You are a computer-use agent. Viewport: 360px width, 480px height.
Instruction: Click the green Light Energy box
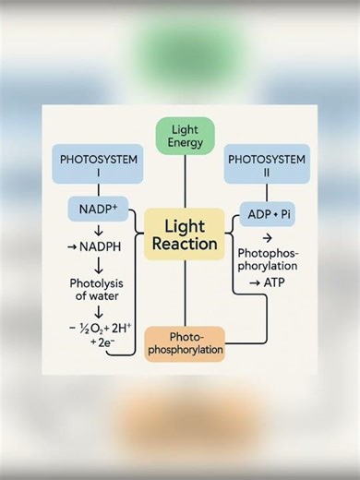coord(186,134)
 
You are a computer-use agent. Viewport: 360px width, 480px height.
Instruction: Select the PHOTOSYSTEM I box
coord(99,166)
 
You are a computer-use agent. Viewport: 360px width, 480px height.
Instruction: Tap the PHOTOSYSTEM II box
coord(267,166)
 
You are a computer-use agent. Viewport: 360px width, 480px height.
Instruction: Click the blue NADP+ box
coord(97,209)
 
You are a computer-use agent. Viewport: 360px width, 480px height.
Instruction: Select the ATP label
coord(274,282)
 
